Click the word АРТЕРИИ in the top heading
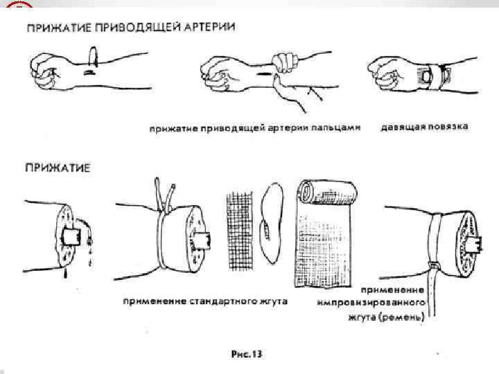pyautogui.click(x=207, y=27)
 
